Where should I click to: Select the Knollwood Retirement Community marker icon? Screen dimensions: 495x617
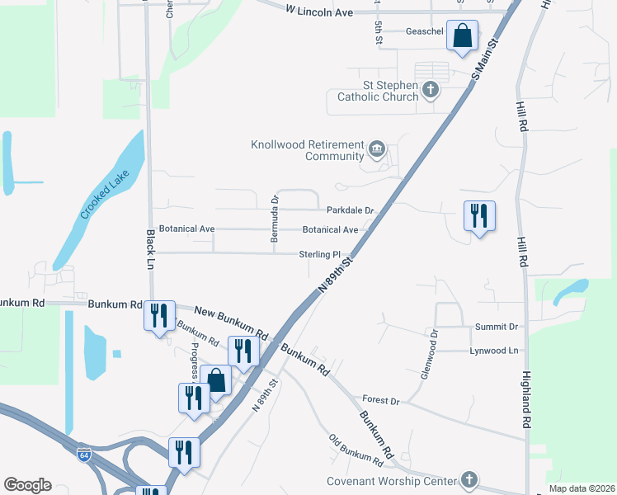[377, 149]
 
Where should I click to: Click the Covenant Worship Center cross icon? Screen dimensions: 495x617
[469, 479]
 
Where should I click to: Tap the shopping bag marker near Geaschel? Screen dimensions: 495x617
[462, 36]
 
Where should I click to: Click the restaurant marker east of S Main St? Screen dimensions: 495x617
[479, 217]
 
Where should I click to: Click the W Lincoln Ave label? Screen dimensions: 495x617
[319, 12]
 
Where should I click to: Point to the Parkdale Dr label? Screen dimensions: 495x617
[351, 210]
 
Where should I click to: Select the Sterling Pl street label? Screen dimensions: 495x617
[320, 255]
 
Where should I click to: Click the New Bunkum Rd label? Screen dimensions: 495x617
[232, 323]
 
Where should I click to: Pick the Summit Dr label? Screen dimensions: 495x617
[496, 328]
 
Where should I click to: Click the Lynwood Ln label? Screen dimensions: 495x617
[494, 351]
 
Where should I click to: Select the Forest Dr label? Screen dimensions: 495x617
[381, 401]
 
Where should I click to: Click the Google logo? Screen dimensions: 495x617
[27, 485]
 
